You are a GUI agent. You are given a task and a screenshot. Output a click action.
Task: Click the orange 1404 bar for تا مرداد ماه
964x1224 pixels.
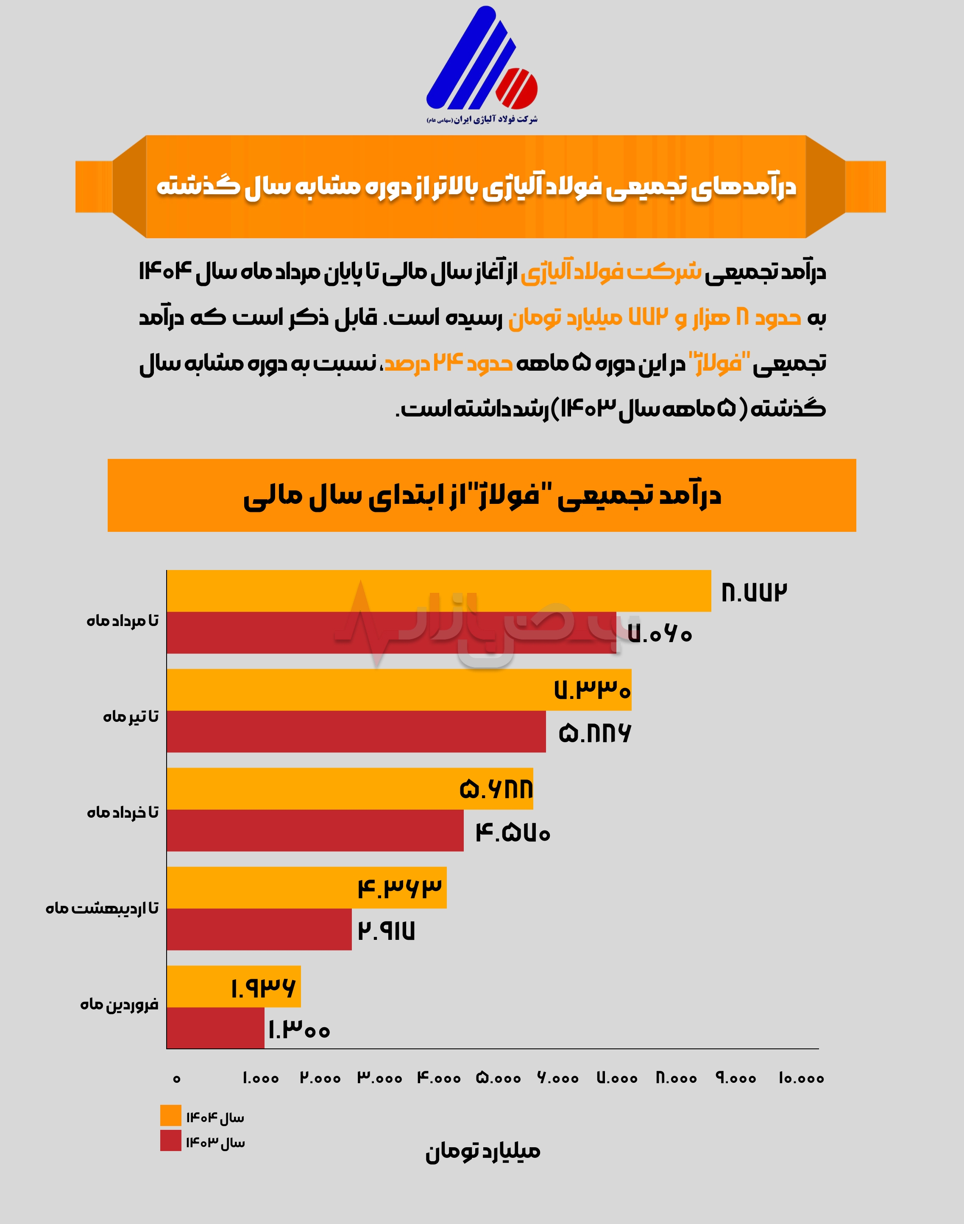point(438,590)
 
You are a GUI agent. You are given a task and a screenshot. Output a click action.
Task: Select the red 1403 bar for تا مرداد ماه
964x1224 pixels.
point(391,632)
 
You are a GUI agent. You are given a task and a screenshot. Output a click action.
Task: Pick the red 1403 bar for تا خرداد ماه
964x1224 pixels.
point(315,830)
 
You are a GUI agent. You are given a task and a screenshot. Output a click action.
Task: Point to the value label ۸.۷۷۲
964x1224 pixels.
point(754,592)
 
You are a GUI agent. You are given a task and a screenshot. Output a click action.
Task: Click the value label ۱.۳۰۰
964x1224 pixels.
point(298,1030)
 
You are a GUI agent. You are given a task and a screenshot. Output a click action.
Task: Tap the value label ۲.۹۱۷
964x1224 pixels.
point(386,931)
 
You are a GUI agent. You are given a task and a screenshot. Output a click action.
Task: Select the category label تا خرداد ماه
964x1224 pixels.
point(123,812)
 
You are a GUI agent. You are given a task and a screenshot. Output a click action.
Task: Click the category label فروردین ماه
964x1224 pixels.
point(119,1004)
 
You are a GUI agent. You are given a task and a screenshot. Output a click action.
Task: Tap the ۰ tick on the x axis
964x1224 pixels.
point(177,1079)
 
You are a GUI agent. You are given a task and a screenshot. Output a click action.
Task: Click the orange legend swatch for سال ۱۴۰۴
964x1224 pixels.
point(170,1115)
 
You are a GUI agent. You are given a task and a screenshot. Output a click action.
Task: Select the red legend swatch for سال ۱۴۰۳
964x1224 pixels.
point(170,1140)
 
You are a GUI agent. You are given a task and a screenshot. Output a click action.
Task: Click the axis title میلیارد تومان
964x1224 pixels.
point(482,1150)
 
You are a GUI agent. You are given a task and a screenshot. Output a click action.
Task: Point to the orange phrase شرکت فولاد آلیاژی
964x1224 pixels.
point(611,272)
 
